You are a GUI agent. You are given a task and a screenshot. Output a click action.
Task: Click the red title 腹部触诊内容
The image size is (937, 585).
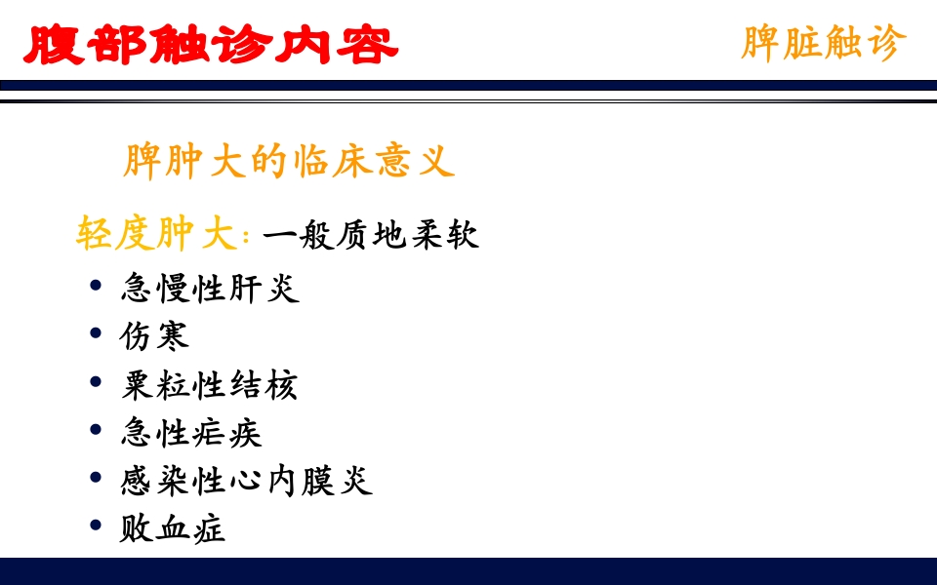[x=210, y=45]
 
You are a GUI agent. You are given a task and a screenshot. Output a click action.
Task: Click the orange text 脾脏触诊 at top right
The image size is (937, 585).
[x=823, y=44]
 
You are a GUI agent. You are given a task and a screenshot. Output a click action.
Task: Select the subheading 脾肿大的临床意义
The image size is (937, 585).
[x=289, y=162]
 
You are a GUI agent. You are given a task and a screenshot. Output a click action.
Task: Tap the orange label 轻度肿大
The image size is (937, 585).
[x=156, y=235]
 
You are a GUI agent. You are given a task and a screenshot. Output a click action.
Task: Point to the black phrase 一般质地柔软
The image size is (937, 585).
[x=371, y=236]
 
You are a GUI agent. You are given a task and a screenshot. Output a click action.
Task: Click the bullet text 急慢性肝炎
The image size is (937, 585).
[x=210, y=288]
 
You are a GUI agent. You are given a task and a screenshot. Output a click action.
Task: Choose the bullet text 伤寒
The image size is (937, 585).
[x=155, y=335]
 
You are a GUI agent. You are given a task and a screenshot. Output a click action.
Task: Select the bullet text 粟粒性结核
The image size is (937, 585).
[x=210, y=384]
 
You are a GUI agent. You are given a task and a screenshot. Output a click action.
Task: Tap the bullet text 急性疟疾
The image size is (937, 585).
[x=191, y=432]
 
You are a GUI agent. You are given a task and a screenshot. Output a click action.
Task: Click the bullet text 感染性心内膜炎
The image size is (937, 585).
[x=247, y=480]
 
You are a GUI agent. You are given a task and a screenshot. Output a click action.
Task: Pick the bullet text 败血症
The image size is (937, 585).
[x=174, y=527]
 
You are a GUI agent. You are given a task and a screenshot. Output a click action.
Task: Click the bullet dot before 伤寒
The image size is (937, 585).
[x=96, y=333]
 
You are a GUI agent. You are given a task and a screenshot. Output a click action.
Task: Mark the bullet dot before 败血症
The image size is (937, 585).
[x=96, y=526]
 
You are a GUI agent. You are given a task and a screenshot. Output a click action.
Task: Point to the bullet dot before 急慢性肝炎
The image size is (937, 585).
[x=96, y=286]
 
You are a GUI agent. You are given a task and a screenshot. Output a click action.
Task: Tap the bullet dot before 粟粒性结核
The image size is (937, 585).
[x=96, y=381]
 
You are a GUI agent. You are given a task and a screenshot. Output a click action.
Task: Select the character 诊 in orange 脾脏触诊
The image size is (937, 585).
[x=886, y=44]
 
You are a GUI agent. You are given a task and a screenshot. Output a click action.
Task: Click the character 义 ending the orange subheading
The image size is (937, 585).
[x=436, y=162]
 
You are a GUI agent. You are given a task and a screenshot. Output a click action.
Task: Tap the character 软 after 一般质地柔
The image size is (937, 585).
[x=463, y=236]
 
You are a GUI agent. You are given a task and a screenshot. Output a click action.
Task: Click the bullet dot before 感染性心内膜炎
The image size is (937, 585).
[x=96, y=478]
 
